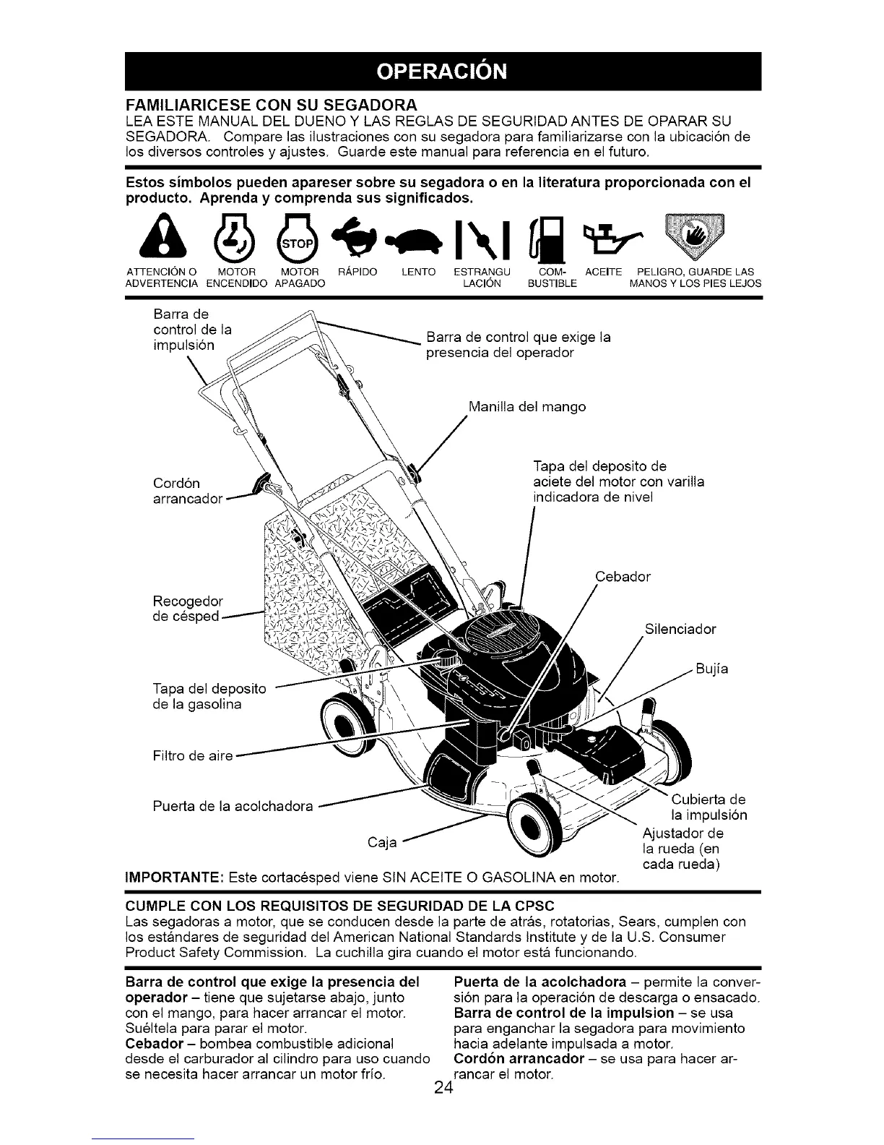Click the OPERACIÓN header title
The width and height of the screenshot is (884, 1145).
[x=442, y=71]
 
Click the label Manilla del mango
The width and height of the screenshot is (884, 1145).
[x=526, y=407]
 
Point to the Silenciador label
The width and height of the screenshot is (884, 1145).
[x=680, y=629]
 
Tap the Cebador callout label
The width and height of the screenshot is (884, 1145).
[x=623, y=577]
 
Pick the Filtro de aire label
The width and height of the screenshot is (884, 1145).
[x=193, y=756]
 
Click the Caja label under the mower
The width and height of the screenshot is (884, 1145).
[x=382, y=843]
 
